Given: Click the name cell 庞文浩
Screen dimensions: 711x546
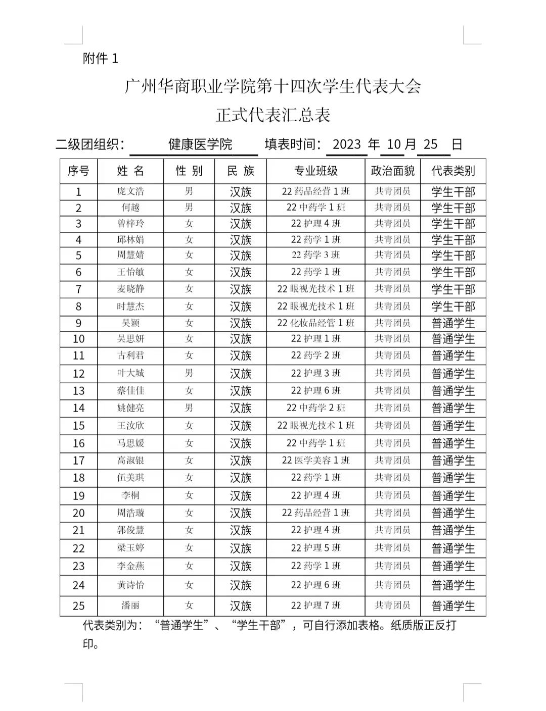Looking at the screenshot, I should click(x=130, y=191).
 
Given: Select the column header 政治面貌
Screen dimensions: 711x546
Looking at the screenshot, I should click(x=392, y=171).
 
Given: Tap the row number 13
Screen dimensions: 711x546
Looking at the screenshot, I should click(x=78, y=391).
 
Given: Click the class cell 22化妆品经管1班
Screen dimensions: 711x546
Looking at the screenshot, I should click(x=315, y=323).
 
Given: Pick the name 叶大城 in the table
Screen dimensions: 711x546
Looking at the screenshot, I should click(x=130, y=373).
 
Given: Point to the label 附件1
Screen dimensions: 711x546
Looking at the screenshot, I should click(x=100, y=59).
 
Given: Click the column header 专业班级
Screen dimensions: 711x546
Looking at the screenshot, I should click(x=315, y=171).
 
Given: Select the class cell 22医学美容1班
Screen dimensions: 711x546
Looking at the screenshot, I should click(x=315, y=460).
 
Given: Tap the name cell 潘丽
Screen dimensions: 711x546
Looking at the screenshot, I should click(x=130, y=605).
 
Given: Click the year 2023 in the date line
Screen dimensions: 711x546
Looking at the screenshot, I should click(x=346, y=144).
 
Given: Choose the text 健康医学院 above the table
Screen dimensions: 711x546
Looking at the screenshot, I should click(x=200, y=144).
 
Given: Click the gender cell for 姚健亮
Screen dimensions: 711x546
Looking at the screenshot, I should click(x=189, y=408).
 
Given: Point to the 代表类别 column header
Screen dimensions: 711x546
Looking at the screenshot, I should click(x=453, y=171).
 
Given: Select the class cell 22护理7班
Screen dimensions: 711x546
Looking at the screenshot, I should click(x=315, y=605).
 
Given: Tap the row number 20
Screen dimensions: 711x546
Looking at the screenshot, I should click(x=78, y=513).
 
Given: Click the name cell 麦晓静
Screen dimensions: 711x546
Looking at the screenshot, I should click(x=130, y=289).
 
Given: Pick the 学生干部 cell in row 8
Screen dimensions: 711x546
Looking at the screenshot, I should click(x=453, y=307).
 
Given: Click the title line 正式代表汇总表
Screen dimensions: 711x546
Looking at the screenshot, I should click(x=273, y=115).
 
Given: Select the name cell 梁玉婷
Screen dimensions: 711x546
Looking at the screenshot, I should click(x=130, y=548).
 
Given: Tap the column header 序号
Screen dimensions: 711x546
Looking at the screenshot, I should click(x=78, y=171).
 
